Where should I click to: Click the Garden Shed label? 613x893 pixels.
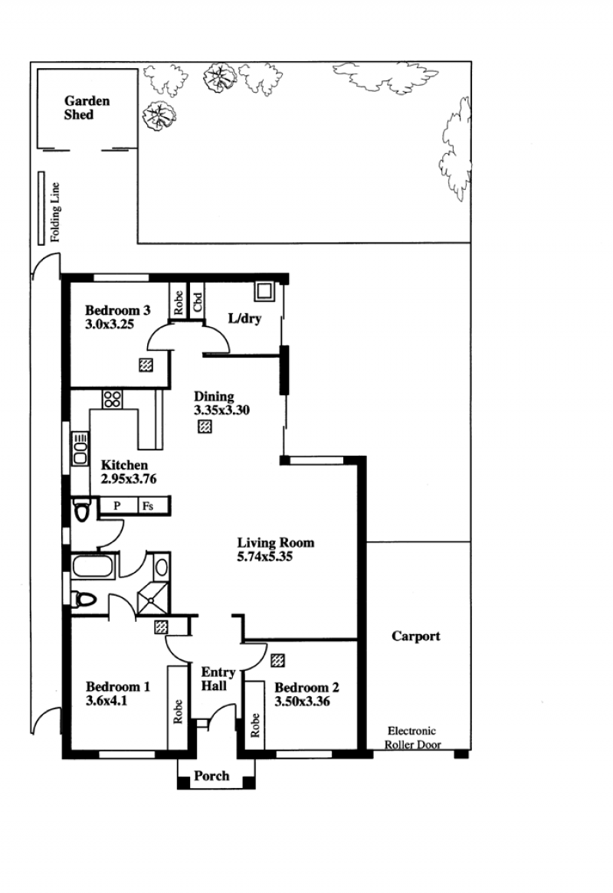(x=87, y=108)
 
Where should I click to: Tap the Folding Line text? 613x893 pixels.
(x=55, y=212)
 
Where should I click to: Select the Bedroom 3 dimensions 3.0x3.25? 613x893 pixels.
(x=110, y=325)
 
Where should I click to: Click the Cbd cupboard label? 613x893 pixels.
(x=198, y=302)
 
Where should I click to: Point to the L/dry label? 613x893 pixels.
(x=244, y=318)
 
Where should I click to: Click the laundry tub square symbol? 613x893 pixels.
(x=264, y=290)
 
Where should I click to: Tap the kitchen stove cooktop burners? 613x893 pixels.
(x=112, y=399)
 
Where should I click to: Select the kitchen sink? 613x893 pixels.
(x=80, y=448)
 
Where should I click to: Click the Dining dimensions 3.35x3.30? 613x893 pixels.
(x=221, y=410)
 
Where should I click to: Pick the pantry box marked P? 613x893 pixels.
(x=118, y=505)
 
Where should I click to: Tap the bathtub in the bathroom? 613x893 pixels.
(x=93, y=568)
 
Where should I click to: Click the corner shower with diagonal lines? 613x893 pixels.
(x=152, y=599)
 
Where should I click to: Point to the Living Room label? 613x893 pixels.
(x=276, y=543)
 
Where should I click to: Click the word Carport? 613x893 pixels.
(x=416, y=636)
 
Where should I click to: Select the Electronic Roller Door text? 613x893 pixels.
(x=412, y=738)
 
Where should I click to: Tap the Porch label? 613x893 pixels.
(x=211, y=776)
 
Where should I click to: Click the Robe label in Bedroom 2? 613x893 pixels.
(x=254, y=725)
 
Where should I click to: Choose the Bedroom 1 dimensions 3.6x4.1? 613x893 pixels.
(x=107, y=701)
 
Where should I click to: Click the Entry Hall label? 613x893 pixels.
(x=218, y=679)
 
